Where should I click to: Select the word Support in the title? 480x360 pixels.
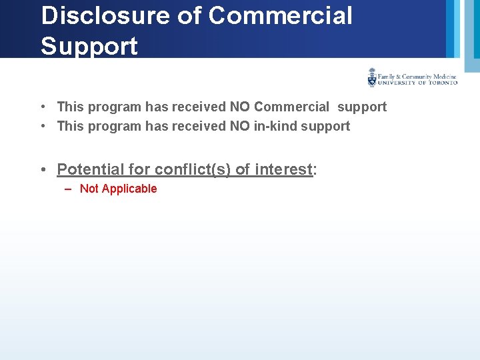click(x=89, y=46)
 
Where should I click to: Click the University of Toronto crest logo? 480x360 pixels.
click(x=372, y=78)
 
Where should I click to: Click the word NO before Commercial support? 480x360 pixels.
click(x=240, y=107)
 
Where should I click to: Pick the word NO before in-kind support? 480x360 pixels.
click(x=240, y=126)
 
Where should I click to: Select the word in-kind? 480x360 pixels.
click(x=275, y=126)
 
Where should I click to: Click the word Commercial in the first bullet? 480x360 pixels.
click(x=291, y=107)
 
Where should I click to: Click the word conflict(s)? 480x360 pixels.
click(x=192, y=169)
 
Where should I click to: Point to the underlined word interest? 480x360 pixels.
click(x=283, y=169)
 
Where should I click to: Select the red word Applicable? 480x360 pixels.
click(x=129, y=189)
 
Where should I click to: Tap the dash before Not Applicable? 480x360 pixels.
click(x=68, y=189)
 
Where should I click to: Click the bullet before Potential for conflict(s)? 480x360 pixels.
click(x=43, y=169)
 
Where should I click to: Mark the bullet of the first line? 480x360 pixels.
click(x=42, y=107)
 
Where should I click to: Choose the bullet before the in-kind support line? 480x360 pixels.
click(x=42, y=126)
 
